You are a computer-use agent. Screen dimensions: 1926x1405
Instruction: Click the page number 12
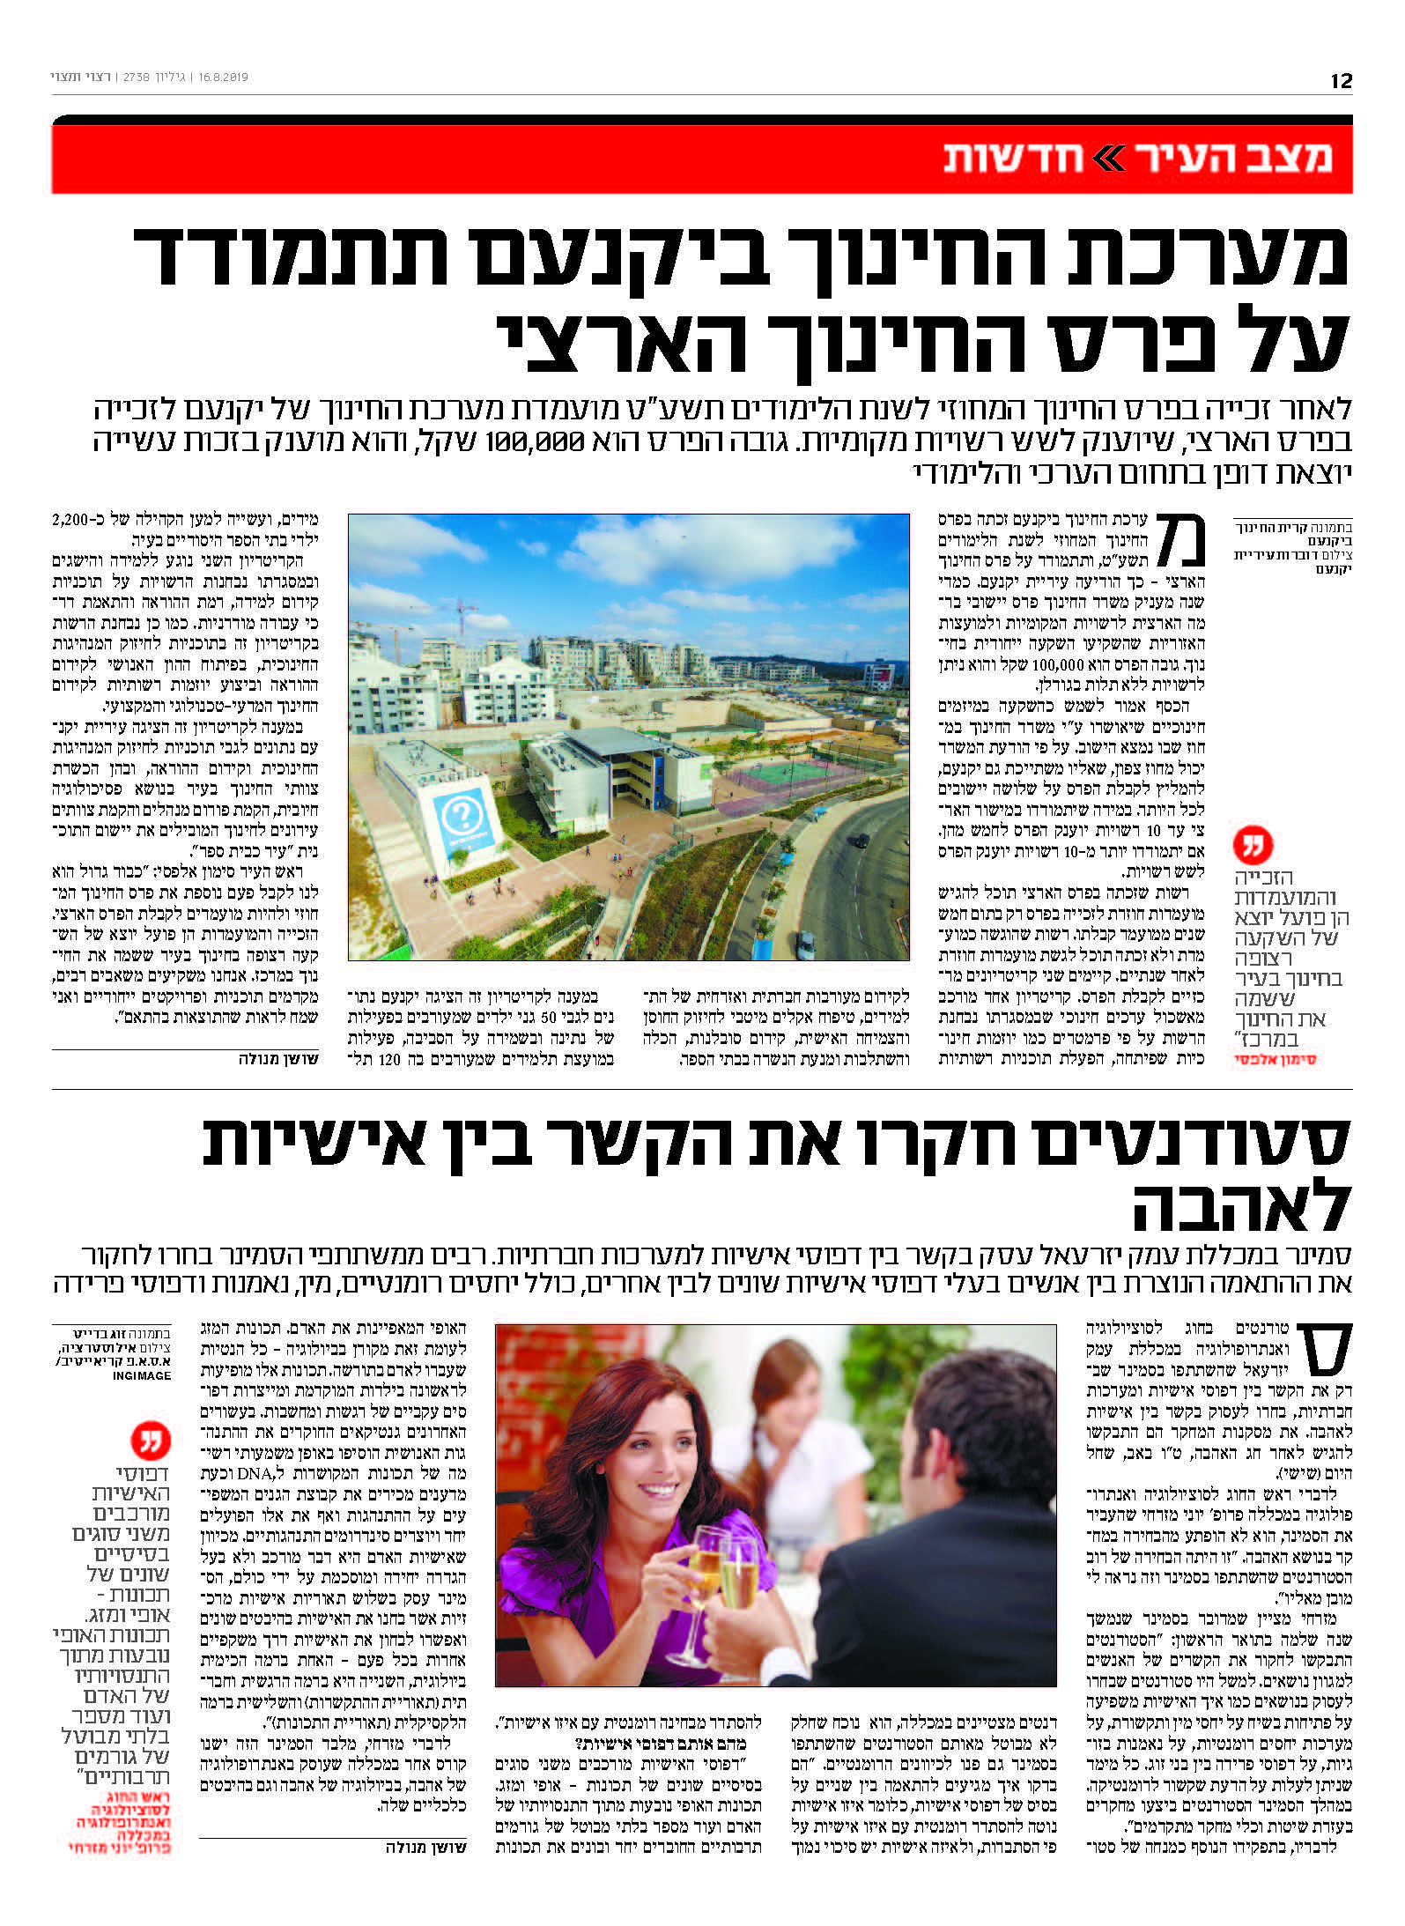click(x=1341, y=80)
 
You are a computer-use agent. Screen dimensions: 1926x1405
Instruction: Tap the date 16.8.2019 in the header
click(x=224, y=78)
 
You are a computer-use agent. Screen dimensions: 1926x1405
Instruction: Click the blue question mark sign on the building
click(x=458, y=818)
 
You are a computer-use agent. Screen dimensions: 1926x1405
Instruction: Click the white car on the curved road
click(x=806, y=944)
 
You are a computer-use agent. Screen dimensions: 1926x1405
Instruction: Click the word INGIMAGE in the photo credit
click(x=141, y=1375)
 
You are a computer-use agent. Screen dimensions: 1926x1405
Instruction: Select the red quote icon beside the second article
click(x=151, y=1441)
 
